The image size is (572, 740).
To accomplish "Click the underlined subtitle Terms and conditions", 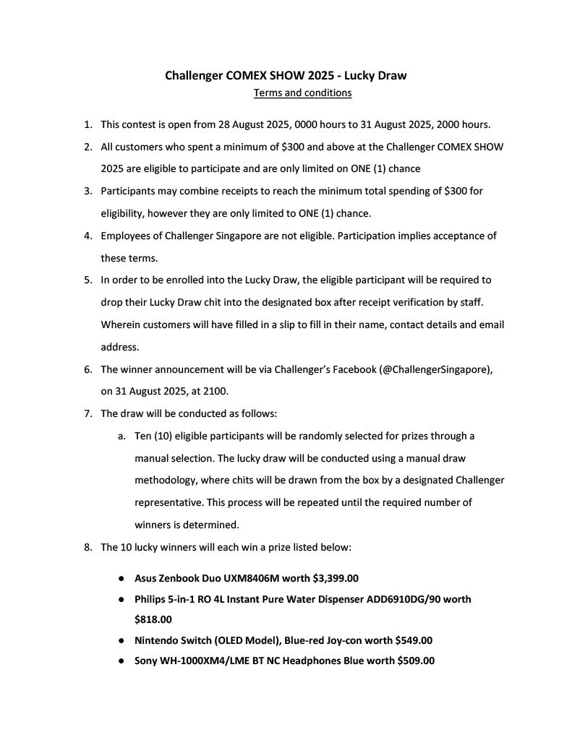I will click(x=302, y=92).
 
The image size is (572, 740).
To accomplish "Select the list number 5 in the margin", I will click(x=87, y=280).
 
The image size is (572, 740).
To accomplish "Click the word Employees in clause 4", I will click(x=128, y=236).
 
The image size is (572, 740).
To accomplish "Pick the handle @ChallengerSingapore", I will click(x=435, y=369).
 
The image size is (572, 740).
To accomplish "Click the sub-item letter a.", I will click(x=121, y=436).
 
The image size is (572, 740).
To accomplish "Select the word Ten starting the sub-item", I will click(x=143, y=436).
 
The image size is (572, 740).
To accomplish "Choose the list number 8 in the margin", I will click(x=87, y=547).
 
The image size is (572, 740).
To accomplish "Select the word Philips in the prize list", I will click(x=151, y=599).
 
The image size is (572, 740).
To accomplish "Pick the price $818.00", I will click(x=153, y=619).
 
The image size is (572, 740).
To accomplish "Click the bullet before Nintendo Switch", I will click(x=121, y=640).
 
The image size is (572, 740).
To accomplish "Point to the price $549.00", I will click(x=414, y=640).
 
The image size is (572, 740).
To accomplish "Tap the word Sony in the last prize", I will click(x=146, y=661).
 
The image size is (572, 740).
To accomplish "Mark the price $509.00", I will click(x=416, y=661).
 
